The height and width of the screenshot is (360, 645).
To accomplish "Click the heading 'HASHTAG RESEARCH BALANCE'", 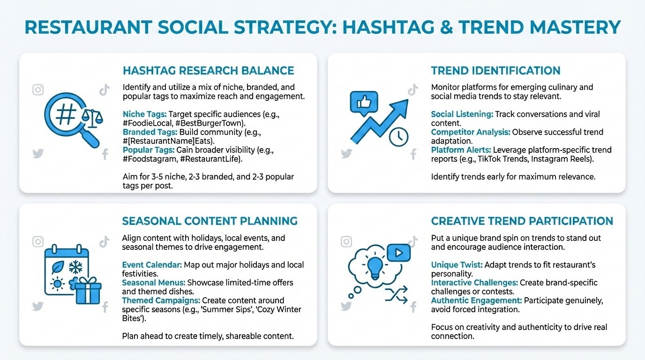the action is pyautogui.click(x=208, y=71).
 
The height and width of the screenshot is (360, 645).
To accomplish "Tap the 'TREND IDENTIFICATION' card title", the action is pyautogui.click(x=495, y=71).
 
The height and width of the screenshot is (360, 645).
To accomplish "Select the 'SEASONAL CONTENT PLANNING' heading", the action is pyautogui.click(x=210, y=221).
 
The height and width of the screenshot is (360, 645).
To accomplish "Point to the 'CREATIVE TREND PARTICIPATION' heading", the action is pyautogui.click(x=522, y=221).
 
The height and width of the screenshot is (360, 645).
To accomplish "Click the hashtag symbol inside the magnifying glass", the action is pyautogui.click(x=67, y=114).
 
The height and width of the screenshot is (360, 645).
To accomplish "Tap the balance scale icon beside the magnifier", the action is pyautogui.click(x=92, y=119).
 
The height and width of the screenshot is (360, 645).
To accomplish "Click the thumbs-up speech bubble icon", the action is pyautogui.click(x=364, y=103).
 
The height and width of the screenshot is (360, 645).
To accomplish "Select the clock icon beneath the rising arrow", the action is pyautogui.click(x=398, y=137).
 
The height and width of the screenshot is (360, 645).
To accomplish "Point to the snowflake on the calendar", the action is pyautogui.click(x=75, y=267).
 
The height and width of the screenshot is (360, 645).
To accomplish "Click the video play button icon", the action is pyautogui.click(x=399, y=253).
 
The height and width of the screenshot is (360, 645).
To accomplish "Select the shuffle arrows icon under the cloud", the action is pyautogui.click(x=397, y=295).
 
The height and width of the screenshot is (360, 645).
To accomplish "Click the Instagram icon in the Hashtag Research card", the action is pyautogui.click(x=38, y=90).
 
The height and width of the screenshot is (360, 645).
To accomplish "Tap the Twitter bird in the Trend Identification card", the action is pyautogui.click(x=346, y=153).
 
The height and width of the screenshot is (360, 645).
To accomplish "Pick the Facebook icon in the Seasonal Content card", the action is pyautogui.click(x=105, y=307).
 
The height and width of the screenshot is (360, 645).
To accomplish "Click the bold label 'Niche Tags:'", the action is pyautogui.click(x=144, y=114).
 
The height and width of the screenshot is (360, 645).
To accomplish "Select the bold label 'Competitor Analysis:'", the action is pyautogui.click(x=471, y=132).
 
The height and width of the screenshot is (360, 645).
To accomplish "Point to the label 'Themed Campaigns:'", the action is pyautogui.click(x=161, y=300).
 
